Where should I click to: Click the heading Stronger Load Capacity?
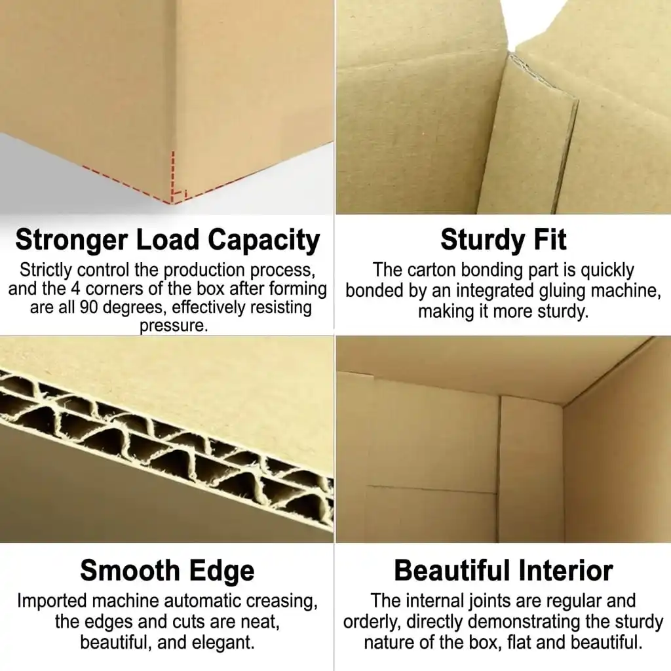pyautogui.click(x=167, y=240)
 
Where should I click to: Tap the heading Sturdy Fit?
pyautogui.click(x=503, y=240)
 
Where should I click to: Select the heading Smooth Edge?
pyautogui.click(x=167, y=571)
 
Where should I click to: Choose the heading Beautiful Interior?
pyautogui.click(x=503, y=571)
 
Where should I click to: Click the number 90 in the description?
pyautogui.click(x=89, y=307)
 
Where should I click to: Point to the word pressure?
pyautogui.click(x=173, y=326)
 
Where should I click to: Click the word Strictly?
pyautogui.click(x=46, y=271)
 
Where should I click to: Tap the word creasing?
pyautogui.click(x=282, y=602)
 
